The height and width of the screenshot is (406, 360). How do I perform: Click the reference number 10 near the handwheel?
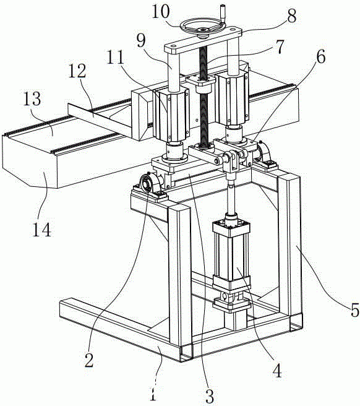[x=161, y=11]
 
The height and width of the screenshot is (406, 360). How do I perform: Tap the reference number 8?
[x=291, y=15]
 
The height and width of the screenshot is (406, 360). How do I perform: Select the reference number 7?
[x=279, y=46]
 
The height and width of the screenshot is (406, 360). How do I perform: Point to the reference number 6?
[x=321, y=57]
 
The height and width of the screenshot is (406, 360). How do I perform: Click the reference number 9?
[x=141, y=40]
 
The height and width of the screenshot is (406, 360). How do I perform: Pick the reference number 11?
[x=116, y=57]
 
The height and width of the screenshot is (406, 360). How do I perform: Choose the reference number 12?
[x=77, y=71]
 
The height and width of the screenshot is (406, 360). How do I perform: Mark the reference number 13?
[x=32, y=98]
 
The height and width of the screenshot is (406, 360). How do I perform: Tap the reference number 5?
[x=354, y=309]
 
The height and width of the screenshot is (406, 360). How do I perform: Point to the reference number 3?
[x=209, y=396]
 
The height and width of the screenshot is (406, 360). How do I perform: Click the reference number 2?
[x=89, y=360]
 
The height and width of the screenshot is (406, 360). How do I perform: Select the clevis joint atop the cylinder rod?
[x=231, y=160]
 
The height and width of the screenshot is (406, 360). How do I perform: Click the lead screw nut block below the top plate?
[x=202, y=84]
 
